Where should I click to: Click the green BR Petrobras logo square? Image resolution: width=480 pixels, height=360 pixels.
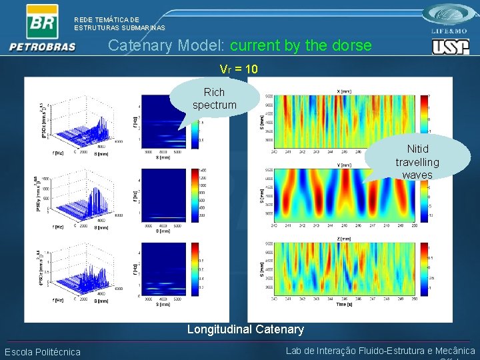coord(41,21)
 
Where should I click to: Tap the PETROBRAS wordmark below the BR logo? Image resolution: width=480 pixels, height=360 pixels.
coord(43,47)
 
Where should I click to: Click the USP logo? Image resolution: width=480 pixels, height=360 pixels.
coord(451,47)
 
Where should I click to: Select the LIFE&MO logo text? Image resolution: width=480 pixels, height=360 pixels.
coord(451,31)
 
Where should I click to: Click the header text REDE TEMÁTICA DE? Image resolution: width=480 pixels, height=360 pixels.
coord(107,20)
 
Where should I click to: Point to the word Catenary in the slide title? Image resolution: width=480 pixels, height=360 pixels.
coord(140,46)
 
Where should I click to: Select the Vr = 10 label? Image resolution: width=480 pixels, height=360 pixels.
coord(239,69)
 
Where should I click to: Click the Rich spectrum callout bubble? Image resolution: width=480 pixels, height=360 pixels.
coord(214,99)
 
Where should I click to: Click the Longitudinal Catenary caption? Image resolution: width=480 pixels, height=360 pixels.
coord(245,329)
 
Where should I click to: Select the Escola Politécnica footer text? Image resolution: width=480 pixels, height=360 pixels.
coord(43,352)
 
